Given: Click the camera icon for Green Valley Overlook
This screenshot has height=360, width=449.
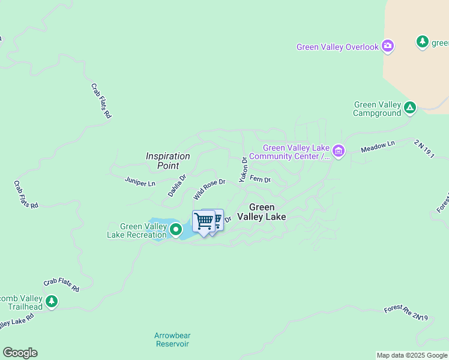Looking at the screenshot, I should (388, 46).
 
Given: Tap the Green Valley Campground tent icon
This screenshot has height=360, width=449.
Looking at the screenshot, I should (410, 108).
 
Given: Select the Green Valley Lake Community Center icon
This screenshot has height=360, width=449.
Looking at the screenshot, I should (339, 151).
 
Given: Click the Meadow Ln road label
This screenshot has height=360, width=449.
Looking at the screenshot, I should (378, 146).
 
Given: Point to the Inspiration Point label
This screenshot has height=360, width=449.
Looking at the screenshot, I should (167, 160).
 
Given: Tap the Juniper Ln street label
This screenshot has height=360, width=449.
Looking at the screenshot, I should (140, 180).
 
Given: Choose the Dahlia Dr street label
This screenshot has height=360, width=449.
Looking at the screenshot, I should (177, 185).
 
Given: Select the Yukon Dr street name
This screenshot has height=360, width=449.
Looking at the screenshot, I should (243, 169).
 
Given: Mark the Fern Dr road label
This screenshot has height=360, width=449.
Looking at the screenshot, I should (260, 179).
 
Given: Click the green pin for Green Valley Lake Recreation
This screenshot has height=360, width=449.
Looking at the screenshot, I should (176, 229).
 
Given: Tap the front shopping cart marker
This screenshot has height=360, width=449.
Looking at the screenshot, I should (203, 221).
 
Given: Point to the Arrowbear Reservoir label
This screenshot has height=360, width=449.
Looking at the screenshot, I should (172, 340).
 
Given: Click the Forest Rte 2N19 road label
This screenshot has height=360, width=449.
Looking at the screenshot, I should (406, 313).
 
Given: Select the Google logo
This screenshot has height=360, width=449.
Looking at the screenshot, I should (20, 353).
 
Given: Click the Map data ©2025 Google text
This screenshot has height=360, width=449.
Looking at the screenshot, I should (411, 355).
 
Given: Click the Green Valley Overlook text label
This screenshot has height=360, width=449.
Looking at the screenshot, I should (338, 47).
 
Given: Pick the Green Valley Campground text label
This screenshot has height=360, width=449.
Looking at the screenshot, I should (377, 109).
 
